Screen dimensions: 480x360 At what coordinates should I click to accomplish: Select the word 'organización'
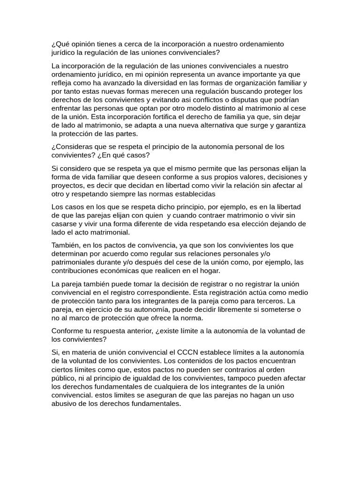pyautogui.click(x=248, y=83)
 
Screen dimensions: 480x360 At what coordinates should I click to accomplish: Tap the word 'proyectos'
pyautogui.click(x=67, y=185)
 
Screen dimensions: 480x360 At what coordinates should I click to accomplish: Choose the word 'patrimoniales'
pyautogui.click(x=74, y=262)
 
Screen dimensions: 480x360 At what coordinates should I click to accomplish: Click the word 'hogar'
pyautogui.click(x=210, y=270)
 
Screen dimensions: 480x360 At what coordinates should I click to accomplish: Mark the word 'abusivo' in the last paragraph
pyautogui.click(x=65, y=403)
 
